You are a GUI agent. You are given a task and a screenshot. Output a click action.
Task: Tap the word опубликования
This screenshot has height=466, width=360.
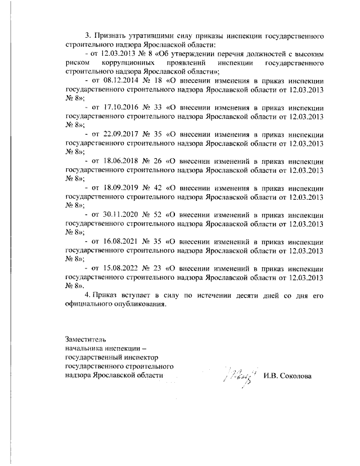pyautogui.click(x=134, y=304)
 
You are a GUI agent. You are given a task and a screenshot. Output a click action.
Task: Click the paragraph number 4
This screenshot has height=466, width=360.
pyautogui.click(x=86, y=295)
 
